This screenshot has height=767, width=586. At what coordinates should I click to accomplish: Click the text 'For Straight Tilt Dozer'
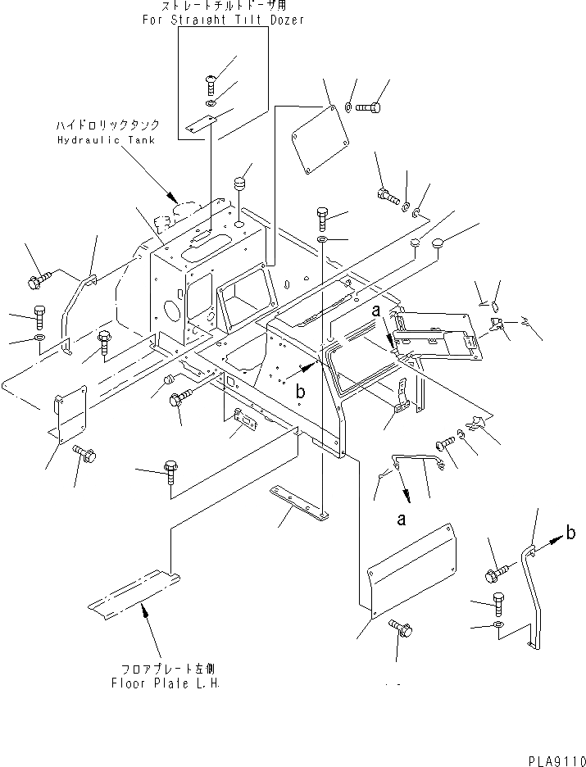(223, 20)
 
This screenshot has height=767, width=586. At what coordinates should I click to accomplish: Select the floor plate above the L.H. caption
(134, 592)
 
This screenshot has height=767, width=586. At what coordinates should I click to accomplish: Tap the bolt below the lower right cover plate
(400, 628)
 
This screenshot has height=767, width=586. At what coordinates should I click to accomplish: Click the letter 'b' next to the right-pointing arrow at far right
(570, 534)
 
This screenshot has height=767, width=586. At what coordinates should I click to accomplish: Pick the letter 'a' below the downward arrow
(401, 519)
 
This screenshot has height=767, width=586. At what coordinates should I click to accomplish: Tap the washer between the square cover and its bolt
(348, 108)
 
